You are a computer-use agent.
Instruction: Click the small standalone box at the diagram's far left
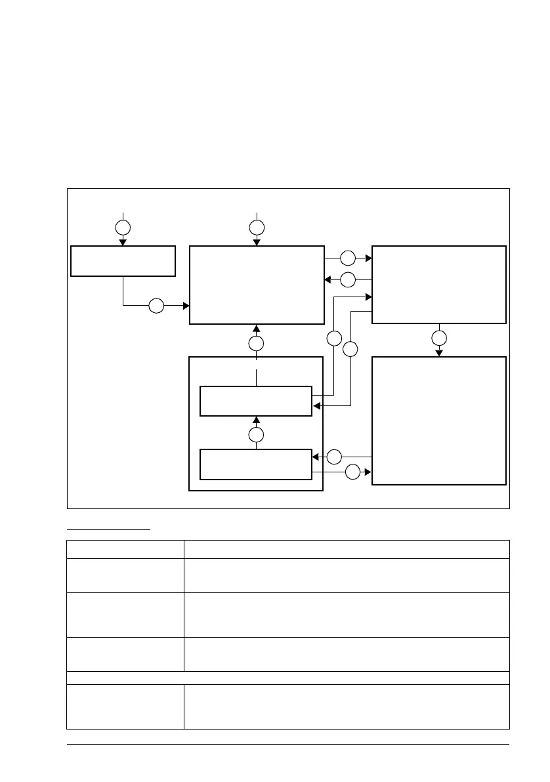pyautogui.click(x=123, y=261)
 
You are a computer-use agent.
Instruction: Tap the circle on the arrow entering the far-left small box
pyautogui.click(x=123, y=228)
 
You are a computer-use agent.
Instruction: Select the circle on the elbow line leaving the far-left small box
pyautogui.click(x=156, y=306)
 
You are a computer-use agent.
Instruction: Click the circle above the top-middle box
pyautogui.click(x=257, y=228)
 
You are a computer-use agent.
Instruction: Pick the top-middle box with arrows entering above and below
pyautogui.click(x=257, y=285)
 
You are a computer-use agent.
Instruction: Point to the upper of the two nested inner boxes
pyautogui.click(x=255, y=401)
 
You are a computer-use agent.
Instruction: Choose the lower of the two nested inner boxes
pyautogui.click(x=255, y=464)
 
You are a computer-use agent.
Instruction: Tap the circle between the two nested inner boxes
pyautogui.click(x=257, y=434)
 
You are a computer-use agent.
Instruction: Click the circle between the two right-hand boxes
pyautogui.click(x=439, y=339)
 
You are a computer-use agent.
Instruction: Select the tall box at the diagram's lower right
pyautogui.click(x=439, y=421)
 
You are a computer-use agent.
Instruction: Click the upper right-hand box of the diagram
pyautogui.click(x=439, y=285)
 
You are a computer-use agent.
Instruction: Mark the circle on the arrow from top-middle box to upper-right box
pyautogui.click(x=348, y=258)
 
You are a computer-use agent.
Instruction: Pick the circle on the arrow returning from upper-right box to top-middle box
pyautogui.click(x=348, y=279)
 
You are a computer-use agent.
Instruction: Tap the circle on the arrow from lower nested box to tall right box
pyautogui.click(x=353, y=472)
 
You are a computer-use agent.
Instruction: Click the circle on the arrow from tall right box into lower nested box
pyautogui.click(x=335, y=456)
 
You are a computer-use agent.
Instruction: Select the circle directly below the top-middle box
pyautogui.click(x=257, y=343)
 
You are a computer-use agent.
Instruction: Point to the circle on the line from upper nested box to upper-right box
pyautogui.click(x=334, y=339)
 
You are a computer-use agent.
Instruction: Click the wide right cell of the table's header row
pyautogui.click(x=347, y=549)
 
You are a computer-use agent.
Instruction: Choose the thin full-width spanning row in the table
pyautogui.click(x=288, y=678)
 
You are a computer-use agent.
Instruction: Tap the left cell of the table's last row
pyautogui.click(x=125, y=707)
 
